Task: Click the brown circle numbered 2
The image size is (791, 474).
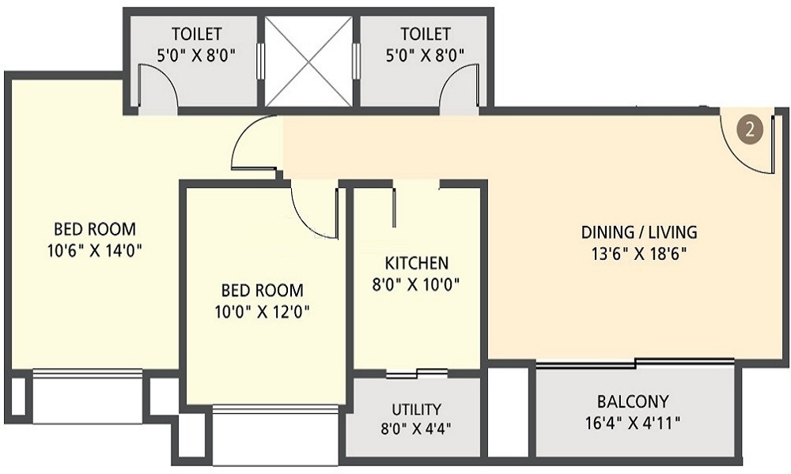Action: click(749, 130)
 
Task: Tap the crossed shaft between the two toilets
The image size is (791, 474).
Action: click(308, 62)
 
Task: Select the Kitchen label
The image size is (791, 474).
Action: click(416, 263)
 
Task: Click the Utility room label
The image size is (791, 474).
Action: click(416, 408)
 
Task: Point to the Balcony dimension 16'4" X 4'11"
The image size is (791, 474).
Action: click(633, 422)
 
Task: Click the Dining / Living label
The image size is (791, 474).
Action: click(639, 232)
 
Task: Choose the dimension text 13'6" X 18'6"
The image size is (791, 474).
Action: click(639, 254)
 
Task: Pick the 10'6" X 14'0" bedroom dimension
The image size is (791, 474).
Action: click(94, 250)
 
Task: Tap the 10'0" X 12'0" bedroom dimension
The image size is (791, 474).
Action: click(262, 312)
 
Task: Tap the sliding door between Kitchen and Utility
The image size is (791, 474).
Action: click(417, 373)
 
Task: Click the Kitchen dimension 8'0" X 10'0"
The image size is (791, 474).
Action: click(416, 285)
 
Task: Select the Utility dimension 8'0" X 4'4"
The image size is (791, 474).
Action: click(416, 429)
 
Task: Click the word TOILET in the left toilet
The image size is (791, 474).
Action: click(197, 34)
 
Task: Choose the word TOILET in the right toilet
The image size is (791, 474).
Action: click(426, 34)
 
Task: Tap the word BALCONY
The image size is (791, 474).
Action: click(633, 401)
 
